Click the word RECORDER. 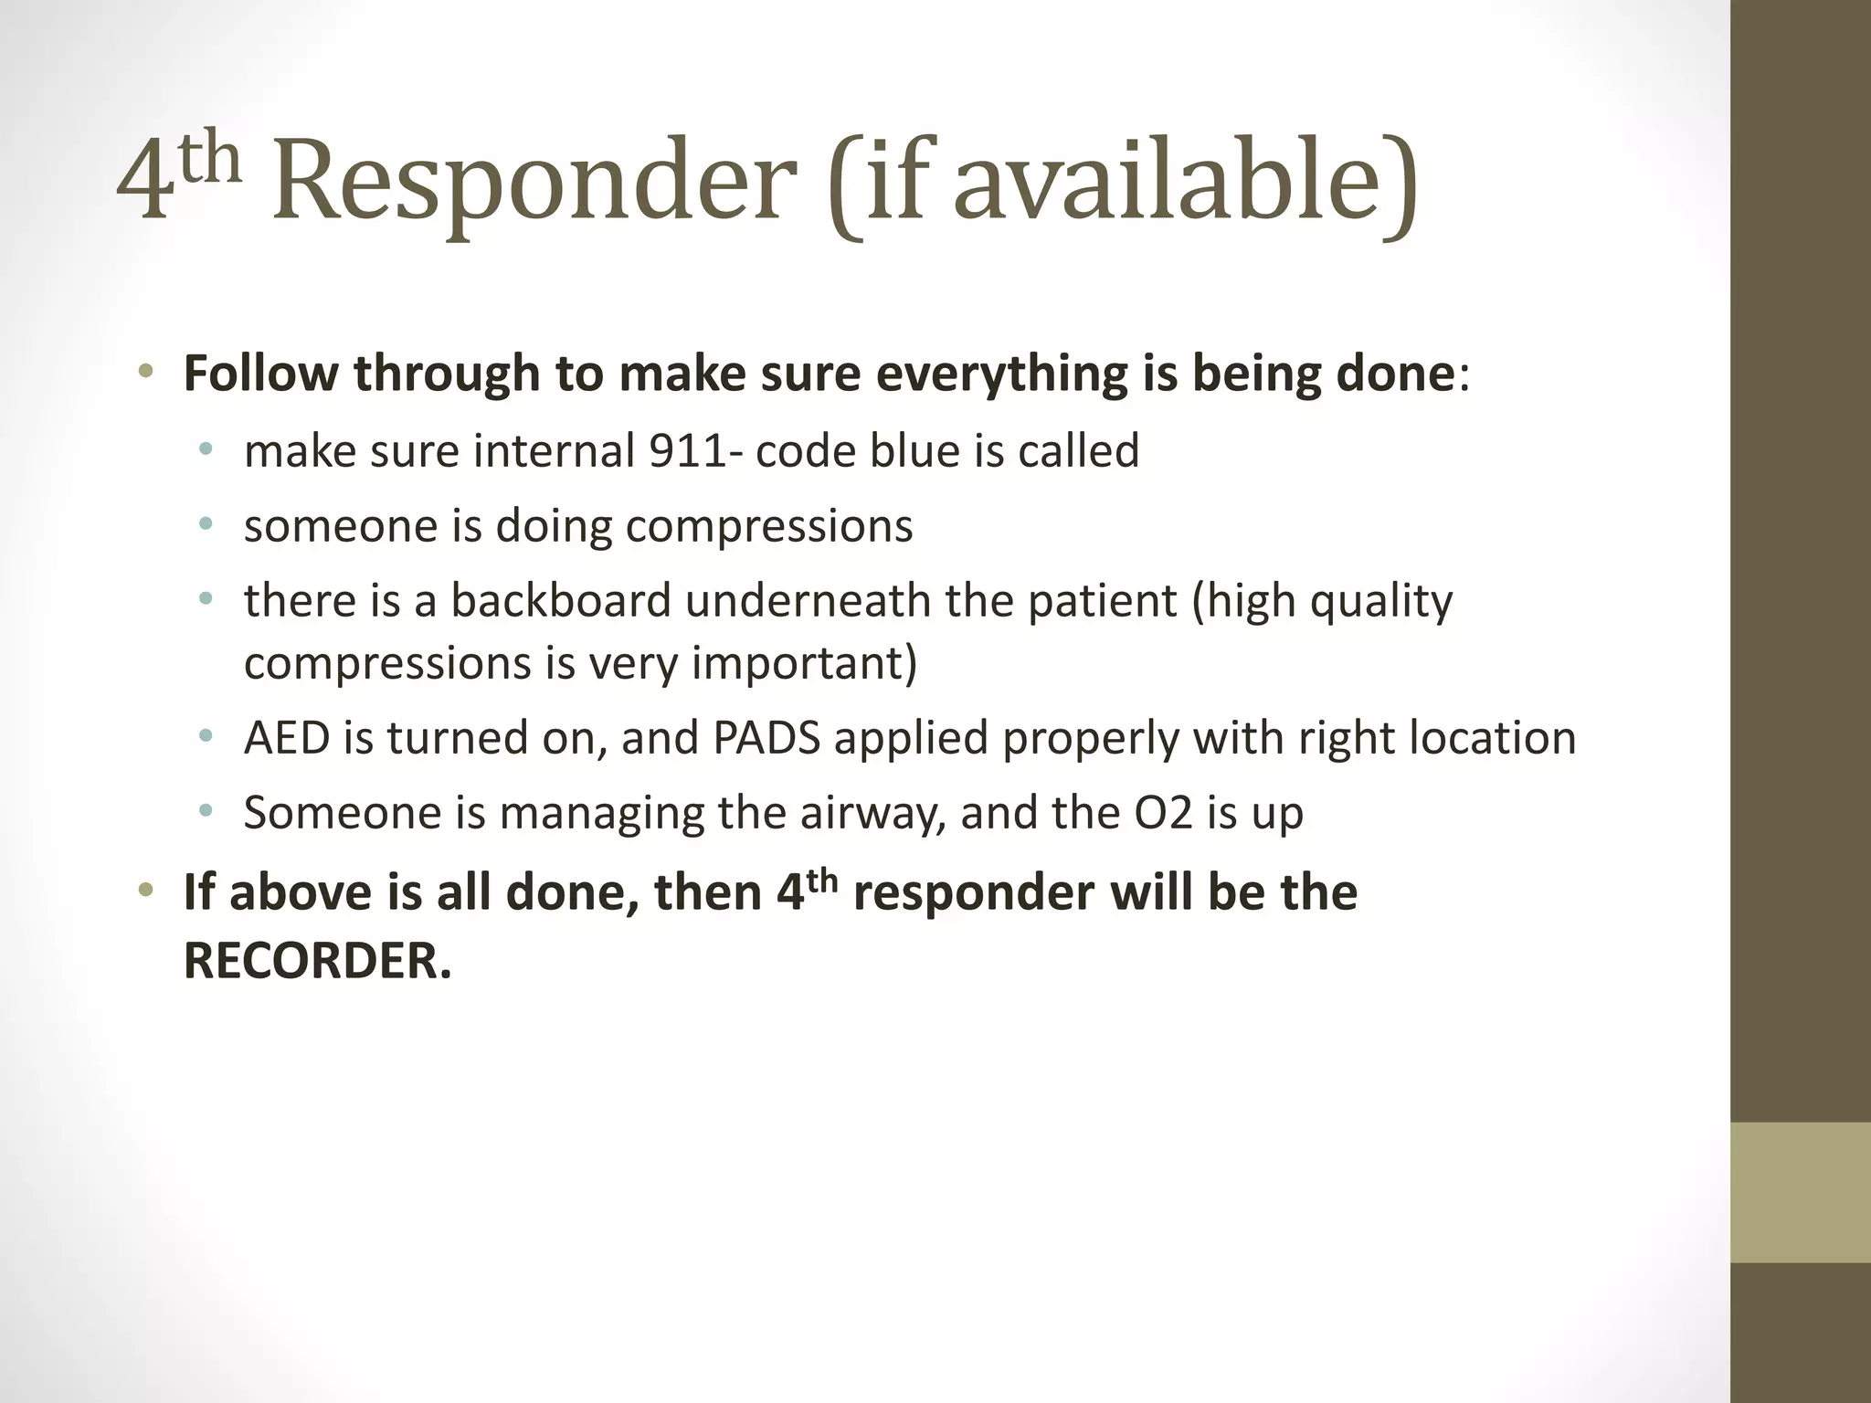coord(317,961)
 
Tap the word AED coord(287,738)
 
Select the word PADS coord(766,738)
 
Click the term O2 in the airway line coord(1163,813)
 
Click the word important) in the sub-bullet coord(804,663)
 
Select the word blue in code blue coord(914,450)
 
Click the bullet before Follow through coord(146,372)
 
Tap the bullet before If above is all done coord(146,890)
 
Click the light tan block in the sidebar coord(1800,1192)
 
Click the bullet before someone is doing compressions coord(206,524)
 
